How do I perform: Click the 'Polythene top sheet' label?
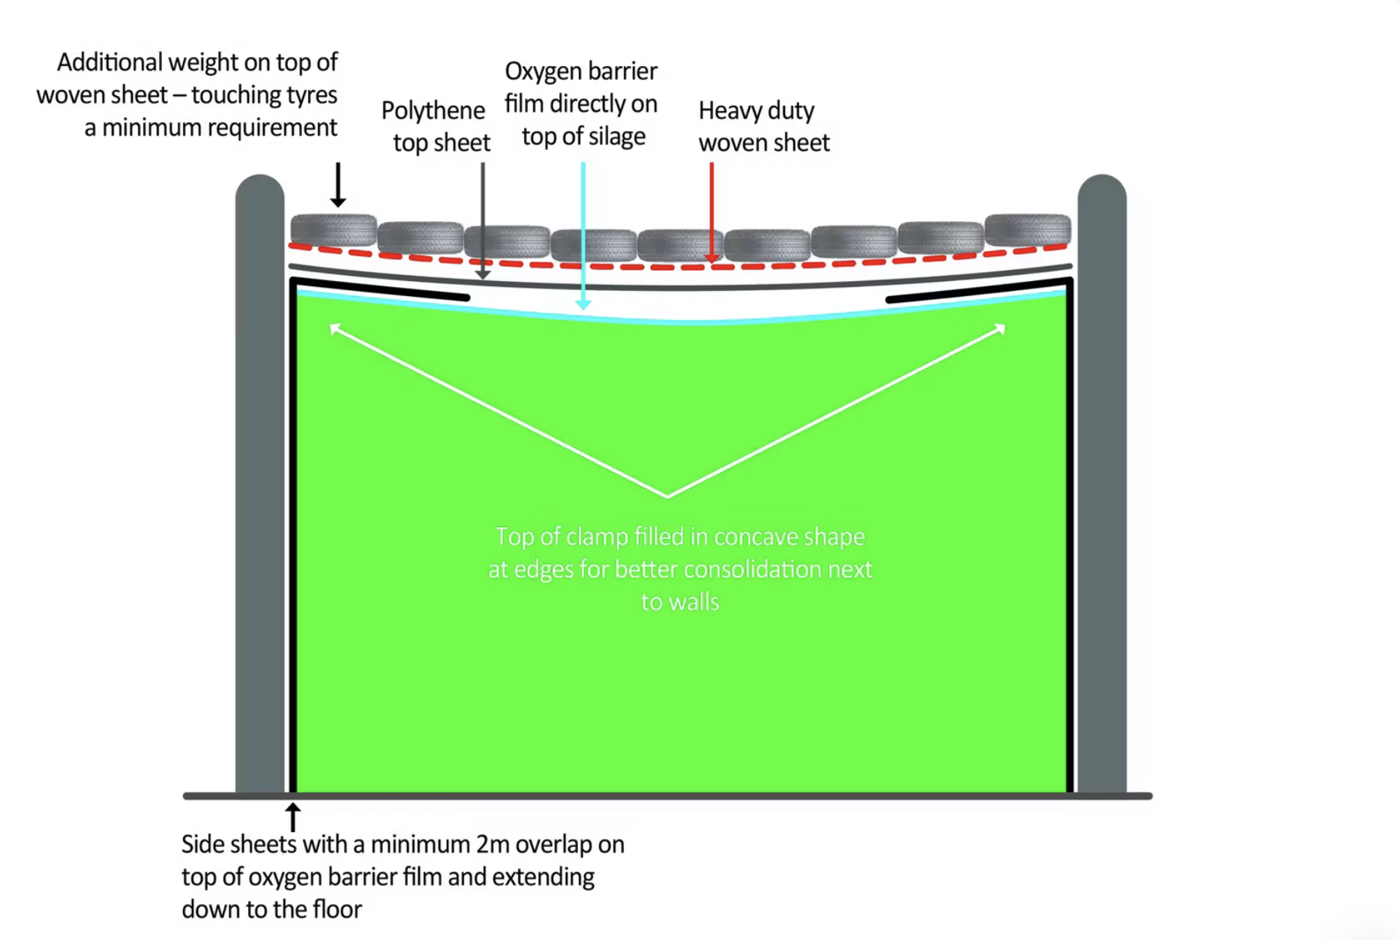click(436, 126)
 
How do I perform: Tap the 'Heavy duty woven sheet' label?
click(763, 126)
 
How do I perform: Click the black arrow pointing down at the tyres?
click(338, 184)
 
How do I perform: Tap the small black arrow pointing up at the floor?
click(293, 817)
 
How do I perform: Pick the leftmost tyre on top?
click(334, 229)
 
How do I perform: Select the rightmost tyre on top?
click(1028, 229)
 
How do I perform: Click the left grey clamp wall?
click(259, 483)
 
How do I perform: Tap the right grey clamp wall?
click(1101, 483)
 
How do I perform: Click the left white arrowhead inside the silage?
click(335, 328)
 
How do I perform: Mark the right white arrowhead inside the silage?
click(999, 328)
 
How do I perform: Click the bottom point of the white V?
click(667, 496)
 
